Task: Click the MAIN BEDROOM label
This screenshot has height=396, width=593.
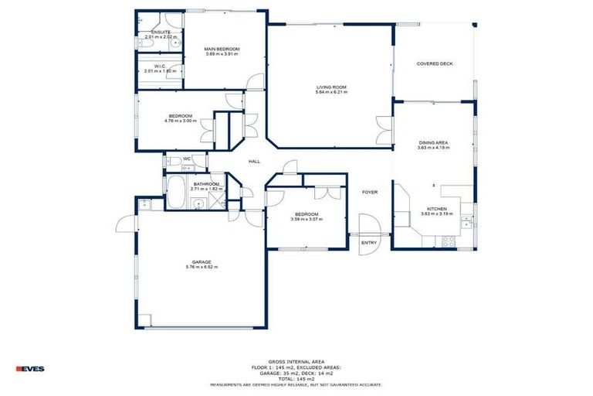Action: [222, 49]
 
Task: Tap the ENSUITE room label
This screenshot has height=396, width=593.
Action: [161, 32]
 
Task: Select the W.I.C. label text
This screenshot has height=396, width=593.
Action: [161, 66]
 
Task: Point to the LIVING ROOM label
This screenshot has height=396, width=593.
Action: [331, 87]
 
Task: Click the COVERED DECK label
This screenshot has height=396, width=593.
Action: [435, 63]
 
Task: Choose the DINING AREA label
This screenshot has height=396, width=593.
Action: [433, 143]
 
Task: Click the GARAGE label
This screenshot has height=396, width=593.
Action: [202, 262]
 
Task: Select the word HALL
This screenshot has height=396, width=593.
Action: [254, 161]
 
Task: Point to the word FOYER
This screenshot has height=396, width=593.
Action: [370, 192]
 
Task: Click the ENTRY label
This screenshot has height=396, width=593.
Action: [370, 242]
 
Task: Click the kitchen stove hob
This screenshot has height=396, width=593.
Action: [447, 242]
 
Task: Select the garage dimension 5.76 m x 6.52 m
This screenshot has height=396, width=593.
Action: [202, 268]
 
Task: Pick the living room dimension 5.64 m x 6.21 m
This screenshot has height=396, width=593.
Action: [331, 92]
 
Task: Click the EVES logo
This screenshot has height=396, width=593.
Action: [30, 368]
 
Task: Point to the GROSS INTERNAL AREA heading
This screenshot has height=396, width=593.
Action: [296, 361]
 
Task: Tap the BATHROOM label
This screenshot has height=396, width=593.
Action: [206, 183]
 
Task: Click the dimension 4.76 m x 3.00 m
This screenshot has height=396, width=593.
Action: [180, 121]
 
